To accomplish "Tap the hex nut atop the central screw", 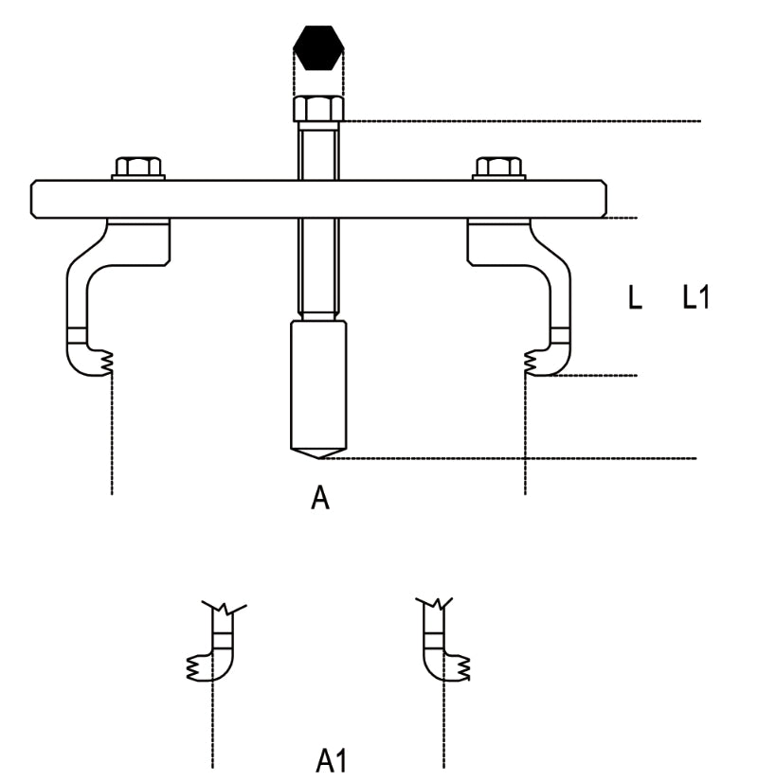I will tap(319, 109).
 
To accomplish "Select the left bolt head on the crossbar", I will tap(139, 168).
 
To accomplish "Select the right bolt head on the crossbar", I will tap(499, 168).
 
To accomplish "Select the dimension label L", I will tap(635, 298).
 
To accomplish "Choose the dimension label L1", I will tap(696, 298).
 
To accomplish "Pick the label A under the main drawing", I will tap(320, 498).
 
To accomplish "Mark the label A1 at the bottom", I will tap(331, 760).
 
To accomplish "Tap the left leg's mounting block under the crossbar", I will tap(137, 241).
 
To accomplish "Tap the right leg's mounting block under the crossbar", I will tap(500, 241).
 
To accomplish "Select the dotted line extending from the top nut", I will tap(521, 121).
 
